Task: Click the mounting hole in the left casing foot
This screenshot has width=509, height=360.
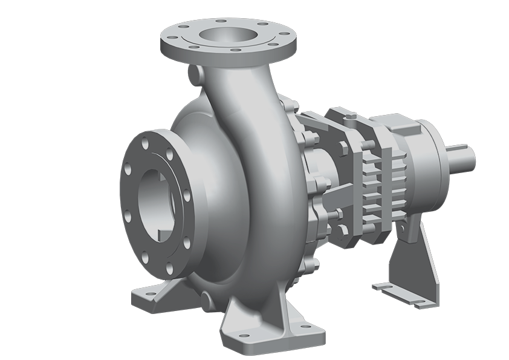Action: (144, 296)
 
